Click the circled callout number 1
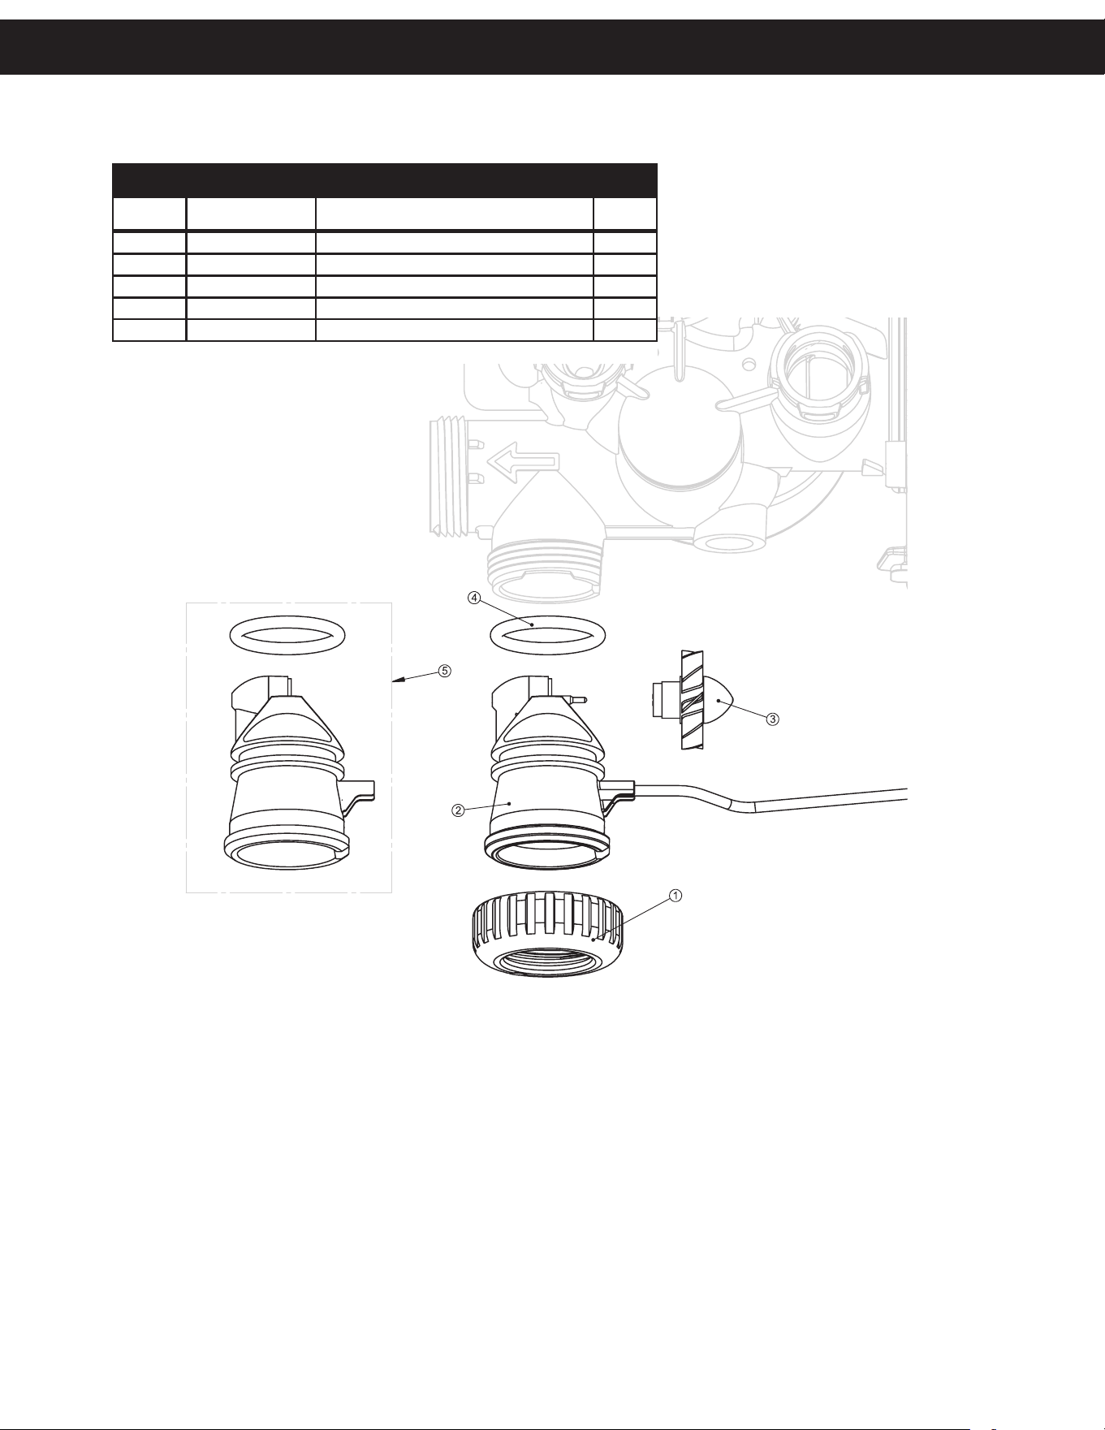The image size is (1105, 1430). pyautogui.click(x=675, y=895)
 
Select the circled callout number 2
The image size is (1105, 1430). pyautogui.click(x=458, y=810)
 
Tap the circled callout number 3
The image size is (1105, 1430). pyautogui.click(x=773, y=718)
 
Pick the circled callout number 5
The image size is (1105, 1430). pyautogui.click(x=444, y=671)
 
